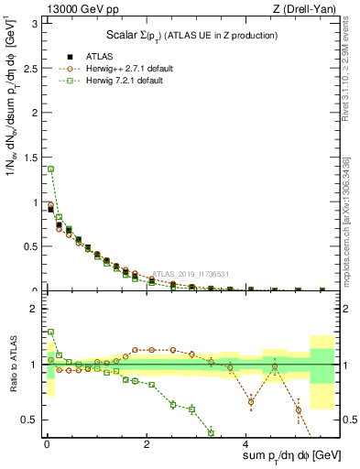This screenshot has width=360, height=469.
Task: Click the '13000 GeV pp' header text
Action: tap(80, 8)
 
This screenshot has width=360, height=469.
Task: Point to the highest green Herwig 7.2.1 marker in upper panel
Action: tap(51, 169)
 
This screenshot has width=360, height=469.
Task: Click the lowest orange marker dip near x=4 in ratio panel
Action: tap(251, 401)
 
